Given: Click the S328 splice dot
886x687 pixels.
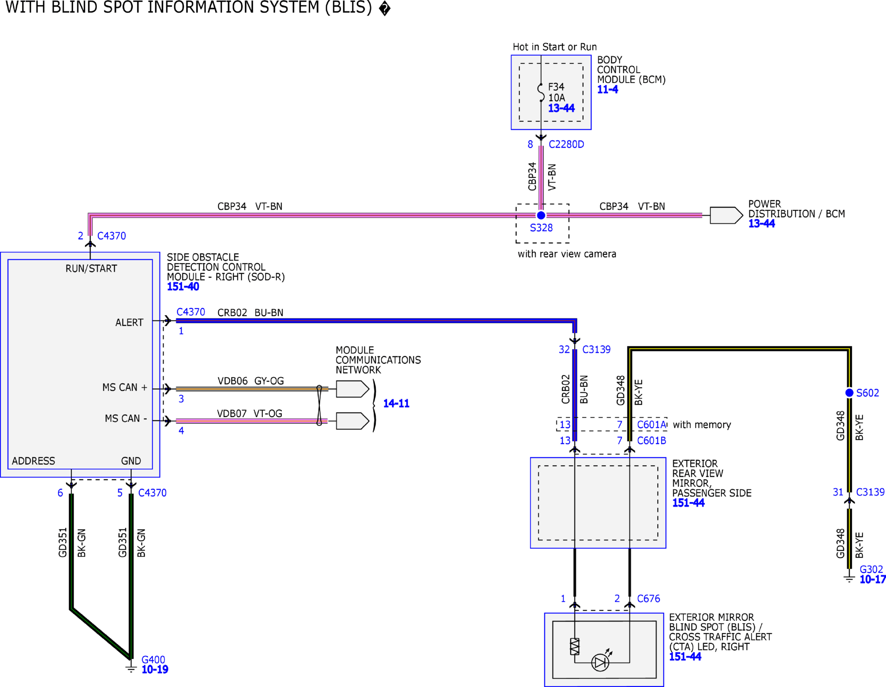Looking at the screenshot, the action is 541,215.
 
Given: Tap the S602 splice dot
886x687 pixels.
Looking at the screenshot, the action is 849,392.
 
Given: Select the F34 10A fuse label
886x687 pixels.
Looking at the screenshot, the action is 556,92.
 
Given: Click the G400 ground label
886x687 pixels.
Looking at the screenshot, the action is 153,660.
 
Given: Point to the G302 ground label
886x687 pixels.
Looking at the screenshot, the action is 871,569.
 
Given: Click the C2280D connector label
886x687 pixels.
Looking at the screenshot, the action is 566,144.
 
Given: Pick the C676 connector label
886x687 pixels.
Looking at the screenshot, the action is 648,598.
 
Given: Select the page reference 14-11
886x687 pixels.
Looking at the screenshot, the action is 396,403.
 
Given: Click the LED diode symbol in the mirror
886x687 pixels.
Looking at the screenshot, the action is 600,662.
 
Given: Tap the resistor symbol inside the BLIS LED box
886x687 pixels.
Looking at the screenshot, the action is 574,647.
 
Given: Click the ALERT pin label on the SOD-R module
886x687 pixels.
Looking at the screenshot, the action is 129,322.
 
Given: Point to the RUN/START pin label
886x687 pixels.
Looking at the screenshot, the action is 91,268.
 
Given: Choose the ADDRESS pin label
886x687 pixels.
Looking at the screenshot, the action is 33,461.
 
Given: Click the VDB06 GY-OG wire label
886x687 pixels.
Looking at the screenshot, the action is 250,381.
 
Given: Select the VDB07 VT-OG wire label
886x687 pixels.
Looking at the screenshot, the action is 249,413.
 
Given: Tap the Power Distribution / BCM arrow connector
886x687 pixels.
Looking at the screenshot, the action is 726,215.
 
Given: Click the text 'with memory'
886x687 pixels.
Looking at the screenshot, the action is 702,424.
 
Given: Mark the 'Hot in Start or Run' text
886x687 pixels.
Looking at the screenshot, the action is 554,47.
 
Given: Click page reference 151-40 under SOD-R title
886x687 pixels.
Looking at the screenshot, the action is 183,286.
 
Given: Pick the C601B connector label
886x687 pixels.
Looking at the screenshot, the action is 651,440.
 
